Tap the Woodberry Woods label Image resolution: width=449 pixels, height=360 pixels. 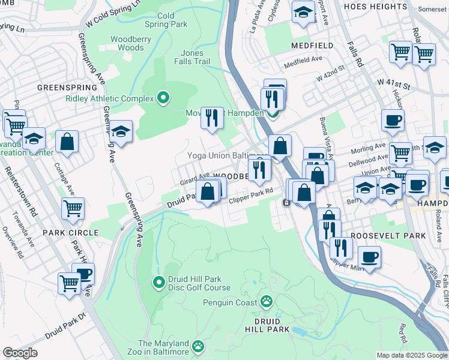click(x=127, y=43)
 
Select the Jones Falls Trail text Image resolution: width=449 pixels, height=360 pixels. click(x=193, y=57)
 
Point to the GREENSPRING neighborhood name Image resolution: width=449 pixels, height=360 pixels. click(x=59, y=87)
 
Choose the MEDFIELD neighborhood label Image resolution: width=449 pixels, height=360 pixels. click(x=312, y=46)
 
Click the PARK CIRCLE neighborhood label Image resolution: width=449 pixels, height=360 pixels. click(x=70, y=232)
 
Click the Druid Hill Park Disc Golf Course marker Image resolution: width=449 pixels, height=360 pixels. click(x=159, y=281)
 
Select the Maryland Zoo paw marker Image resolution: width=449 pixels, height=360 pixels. click(x=198, y=346)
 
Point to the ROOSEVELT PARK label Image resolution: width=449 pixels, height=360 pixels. click(x=388, y=236)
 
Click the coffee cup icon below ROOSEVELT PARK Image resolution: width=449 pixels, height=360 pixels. click(x=369, y=257)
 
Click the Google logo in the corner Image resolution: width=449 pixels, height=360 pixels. click(x=20, y=353)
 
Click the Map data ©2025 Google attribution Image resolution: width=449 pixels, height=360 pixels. click(x=411, y=355)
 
